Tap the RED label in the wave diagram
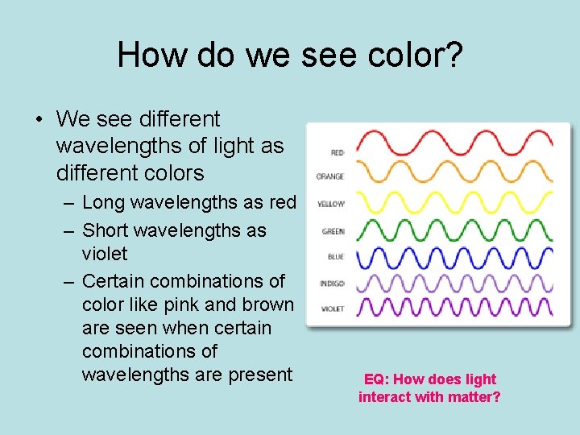pos(337,151)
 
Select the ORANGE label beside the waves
pos(330,177)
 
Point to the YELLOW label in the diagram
pos(331,205)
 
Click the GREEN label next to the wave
pos(333,231)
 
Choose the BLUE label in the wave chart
pos(336,257)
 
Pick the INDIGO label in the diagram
pos(332,284)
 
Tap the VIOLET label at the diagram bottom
pos(332,309)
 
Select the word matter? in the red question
pos(475,397)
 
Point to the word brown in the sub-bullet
pos(268,305)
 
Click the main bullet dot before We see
pos(39,120)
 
